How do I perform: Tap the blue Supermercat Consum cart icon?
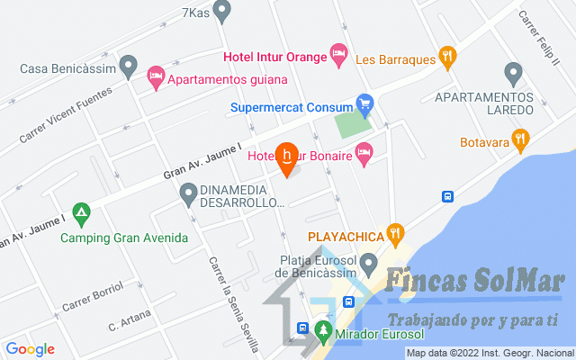(x=364, y=106)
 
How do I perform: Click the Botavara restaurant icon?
(x=519, y=139)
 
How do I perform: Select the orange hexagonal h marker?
(x=287, y=156)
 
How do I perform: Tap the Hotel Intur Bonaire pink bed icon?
(x=363, y=157)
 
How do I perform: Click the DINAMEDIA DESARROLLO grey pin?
(x=188, y=193)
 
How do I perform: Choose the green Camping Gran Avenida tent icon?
(x=82, y=214)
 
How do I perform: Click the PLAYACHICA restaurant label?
(x=346, y=238)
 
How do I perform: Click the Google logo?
(x=30, y=349)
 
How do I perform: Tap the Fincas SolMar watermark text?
(x=474, y=282)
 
